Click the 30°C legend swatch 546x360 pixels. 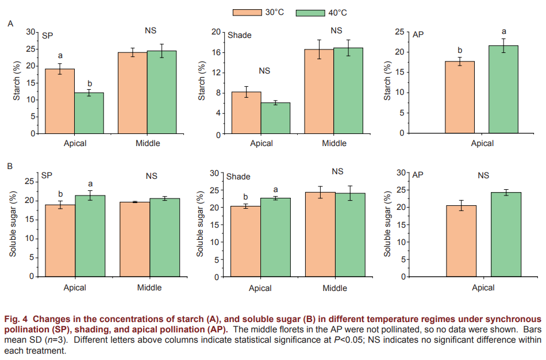[x=247, y=12]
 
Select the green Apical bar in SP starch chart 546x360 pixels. [x=89, y=113]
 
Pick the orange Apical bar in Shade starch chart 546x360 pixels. [x=247, y=113]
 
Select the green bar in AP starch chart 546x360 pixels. [x=503, y=89]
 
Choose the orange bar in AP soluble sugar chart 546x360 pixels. [x=462, y=241]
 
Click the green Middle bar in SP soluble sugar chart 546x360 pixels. [x=164, y=238]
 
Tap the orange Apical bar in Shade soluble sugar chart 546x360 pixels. [x=246, y=241]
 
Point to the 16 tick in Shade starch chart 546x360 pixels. [x=218, y=52]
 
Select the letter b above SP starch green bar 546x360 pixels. [x=89, y=83]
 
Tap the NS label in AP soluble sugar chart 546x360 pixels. [x=483, y=176]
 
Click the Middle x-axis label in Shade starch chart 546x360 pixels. [x=334, y=143]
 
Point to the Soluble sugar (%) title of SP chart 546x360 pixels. [x=13, y=225]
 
